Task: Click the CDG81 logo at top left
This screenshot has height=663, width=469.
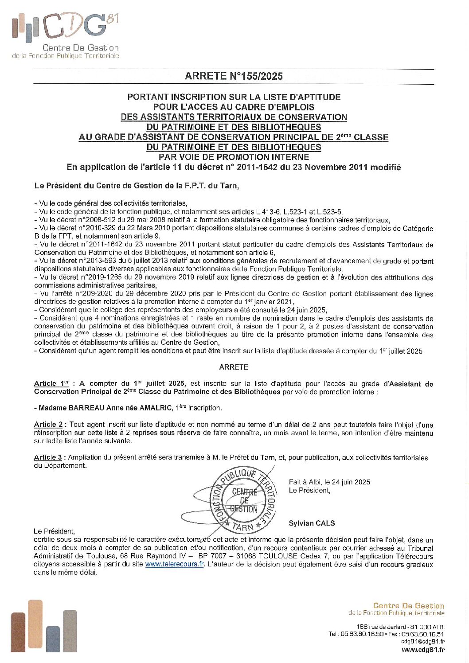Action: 65,35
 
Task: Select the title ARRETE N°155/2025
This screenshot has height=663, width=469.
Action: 234,76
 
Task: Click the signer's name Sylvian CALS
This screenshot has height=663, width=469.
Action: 312,523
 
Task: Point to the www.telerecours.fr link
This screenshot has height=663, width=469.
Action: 175,565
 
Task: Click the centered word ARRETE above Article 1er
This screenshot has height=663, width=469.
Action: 234,367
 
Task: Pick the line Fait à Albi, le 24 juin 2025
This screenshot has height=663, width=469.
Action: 329,482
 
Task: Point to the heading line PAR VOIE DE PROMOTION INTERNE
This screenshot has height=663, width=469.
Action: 234,157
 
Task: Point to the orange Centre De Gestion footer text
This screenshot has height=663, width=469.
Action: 408,606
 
